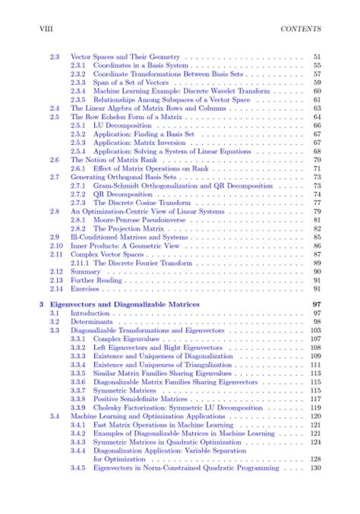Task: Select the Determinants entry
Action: (x=92, y=322)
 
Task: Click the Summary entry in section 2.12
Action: (x=85, y=270)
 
